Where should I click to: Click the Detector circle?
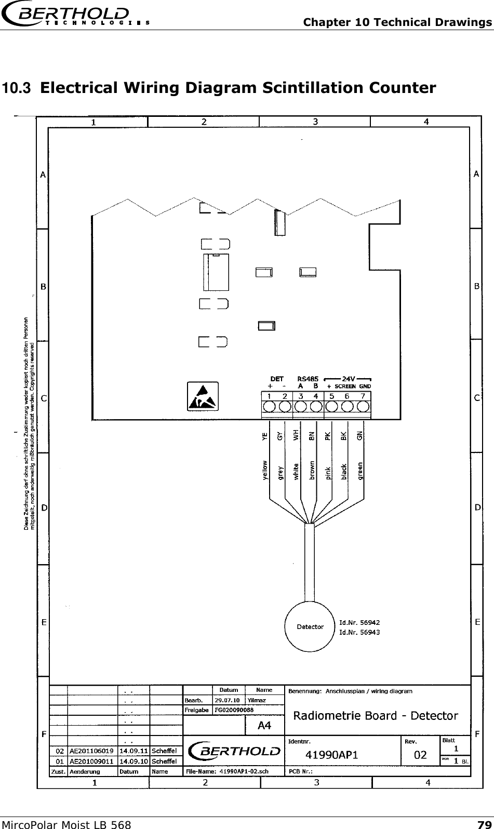pos(310,626)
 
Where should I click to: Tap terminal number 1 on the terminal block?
pos(269,397)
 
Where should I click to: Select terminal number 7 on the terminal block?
pos(363,397)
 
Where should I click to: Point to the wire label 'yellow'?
pos(265,470)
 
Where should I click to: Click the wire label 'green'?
pos(360,470)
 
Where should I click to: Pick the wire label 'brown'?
pos(312,470)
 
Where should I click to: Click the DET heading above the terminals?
pos(277,379)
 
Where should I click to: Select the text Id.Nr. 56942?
pos(359,622)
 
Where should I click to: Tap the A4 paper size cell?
pos(264,726)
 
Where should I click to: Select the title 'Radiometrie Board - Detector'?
pos(376,716)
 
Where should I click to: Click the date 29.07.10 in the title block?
pos(226,700)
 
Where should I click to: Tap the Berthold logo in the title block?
pos(234,751)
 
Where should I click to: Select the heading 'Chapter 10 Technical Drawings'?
pos(397,22)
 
